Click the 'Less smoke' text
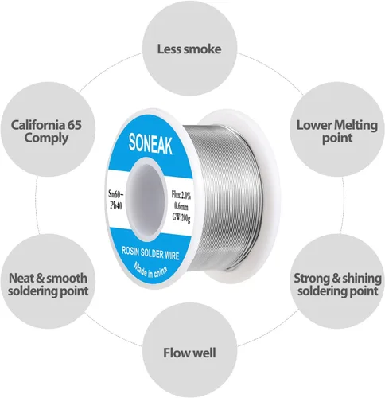click(189, 49)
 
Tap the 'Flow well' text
click(189, 353)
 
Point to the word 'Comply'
click(46, 139)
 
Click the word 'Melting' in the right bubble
click(356, 125)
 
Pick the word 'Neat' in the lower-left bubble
click(21, 278)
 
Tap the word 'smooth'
click(67, 278)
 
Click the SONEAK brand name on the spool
click(150, 144)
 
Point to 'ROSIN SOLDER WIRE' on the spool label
click(150, 253)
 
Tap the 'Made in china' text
click(150, 270)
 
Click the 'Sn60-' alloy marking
click(116, 194)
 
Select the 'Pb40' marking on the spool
click(116, 205)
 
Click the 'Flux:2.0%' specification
click(181, 195)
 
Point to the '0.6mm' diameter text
click(181, 205)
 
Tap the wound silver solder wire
click(228, 197)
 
